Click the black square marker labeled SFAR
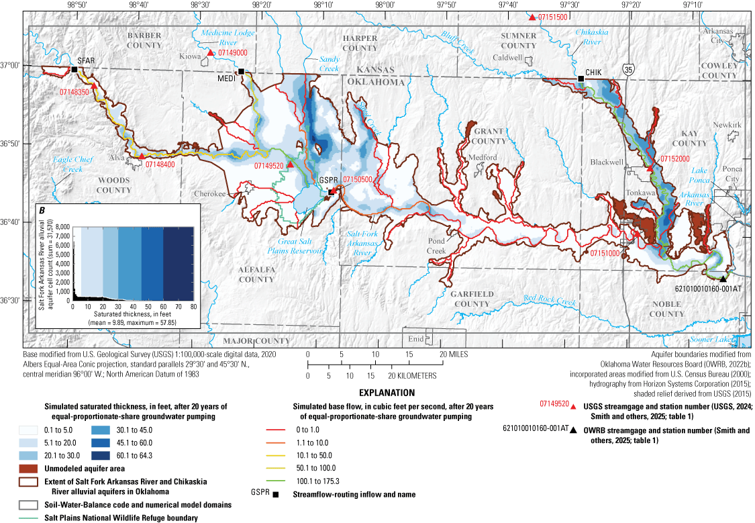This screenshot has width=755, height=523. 74,70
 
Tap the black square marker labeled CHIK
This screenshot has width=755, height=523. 581,79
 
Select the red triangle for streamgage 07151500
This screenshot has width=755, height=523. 532,17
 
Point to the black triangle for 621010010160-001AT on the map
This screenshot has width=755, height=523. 722,279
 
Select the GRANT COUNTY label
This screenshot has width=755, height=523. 489,137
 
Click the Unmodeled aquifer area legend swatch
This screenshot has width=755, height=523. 24,468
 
